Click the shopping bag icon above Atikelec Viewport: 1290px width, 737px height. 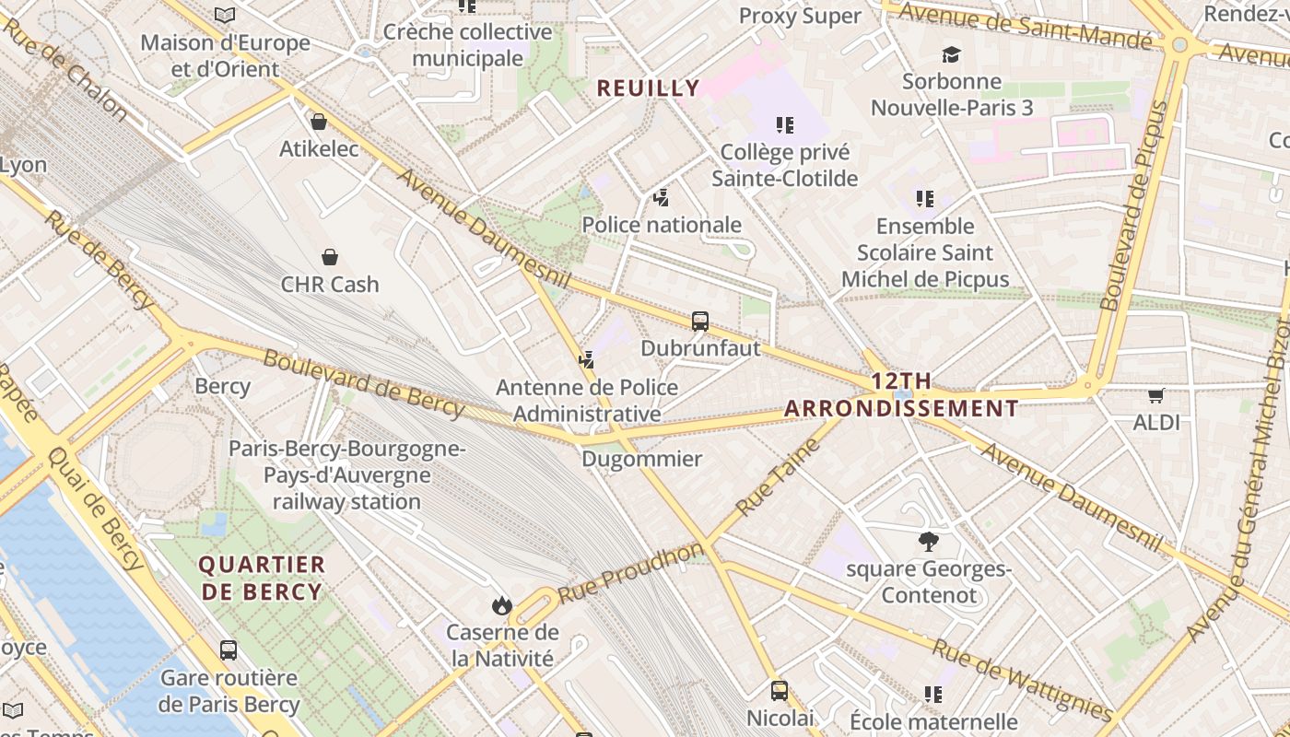319,122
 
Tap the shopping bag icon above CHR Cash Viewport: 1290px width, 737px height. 330,257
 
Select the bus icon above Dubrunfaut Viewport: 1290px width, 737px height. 700,322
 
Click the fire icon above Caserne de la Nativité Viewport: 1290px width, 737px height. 502,605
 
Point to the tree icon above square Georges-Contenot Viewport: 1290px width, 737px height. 928,542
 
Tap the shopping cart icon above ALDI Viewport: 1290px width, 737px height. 1156,396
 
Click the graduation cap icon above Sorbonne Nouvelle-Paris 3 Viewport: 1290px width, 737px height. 952,54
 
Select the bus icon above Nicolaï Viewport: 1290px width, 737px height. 780,691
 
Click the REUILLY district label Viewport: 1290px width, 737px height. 648,88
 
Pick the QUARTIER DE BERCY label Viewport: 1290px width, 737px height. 262,579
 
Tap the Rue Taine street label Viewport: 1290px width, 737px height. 779,477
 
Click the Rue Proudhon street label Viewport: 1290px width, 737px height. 631,573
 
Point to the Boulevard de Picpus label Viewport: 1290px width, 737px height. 1134,205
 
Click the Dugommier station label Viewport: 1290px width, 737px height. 641,459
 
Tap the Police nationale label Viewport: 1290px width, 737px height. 662,225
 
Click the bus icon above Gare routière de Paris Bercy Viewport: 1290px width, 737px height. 229,650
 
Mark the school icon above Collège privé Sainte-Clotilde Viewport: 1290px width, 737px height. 784,124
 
